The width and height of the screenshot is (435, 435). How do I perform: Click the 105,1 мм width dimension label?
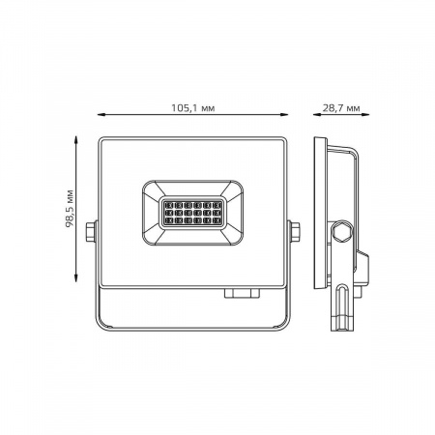point(192,108)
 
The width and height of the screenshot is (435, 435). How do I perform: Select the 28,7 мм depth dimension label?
point(341,108)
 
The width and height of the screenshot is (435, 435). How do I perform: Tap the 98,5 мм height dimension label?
point(70,209)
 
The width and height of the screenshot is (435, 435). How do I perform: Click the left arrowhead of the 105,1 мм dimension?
point(101,114)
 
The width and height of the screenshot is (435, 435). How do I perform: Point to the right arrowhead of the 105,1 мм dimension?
point(283,114)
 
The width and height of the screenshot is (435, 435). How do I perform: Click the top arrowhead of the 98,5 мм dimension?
point(76,140)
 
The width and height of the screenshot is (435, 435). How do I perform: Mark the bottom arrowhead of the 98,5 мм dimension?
point(76,277)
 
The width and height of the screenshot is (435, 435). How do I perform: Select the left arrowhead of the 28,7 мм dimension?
point(317,114)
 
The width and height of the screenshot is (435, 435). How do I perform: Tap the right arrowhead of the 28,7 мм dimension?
point(365,114)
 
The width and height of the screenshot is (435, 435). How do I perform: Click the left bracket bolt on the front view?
point(91,231)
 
